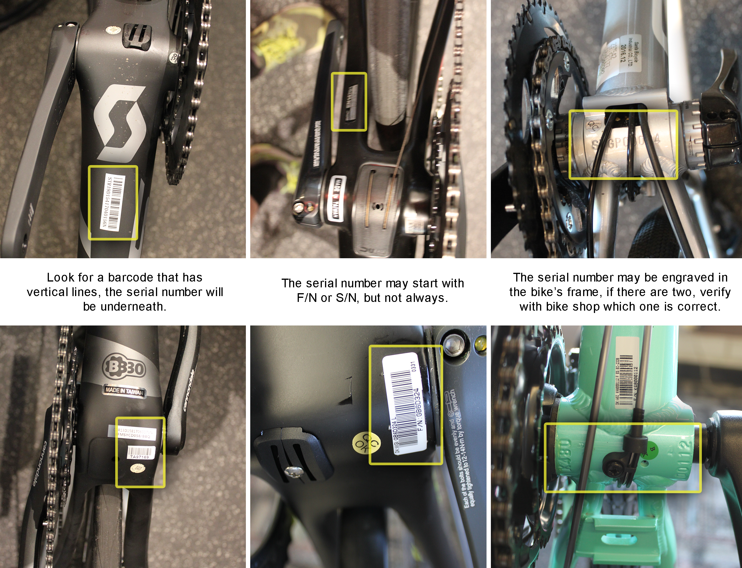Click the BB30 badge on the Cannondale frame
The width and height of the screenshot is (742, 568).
pos(124,367)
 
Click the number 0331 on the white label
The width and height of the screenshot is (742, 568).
pos(413,367)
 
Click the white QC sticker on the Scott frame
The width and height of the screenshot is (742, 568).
pos(173,58)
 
